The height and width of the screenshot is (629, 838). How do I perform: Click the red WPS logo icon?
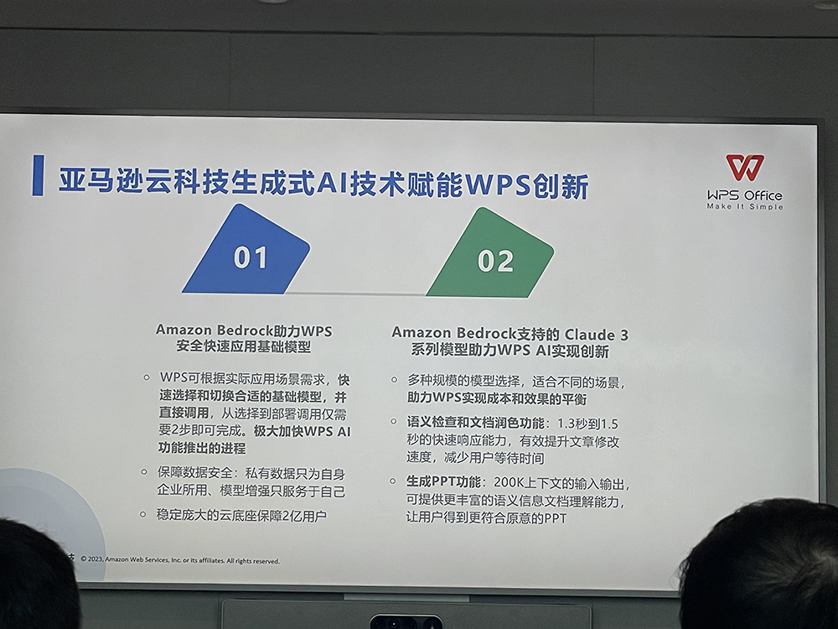(745, 168)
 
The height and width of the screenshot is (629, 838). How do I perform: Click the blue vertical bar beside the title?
(38, 175)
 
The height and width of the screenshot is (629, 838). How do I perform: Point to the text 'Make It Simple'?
(745, 206)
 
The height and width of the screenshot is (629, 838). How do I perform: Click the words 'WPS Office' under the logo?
(745, 195)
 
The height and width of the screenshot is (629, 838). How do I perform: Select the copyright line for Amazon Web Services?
(180, 560)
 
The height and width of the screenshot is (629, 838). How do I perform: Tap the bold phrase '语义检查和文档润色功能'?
(476, 423)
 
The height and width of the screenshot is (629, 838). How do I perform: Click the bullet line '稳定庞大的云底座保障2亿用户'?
(241, 516)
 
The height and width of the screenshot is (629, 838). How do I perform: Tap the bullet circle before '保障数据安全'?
(144, 471)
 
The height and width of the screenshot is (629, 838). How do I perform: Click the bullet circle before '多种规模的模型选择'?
(394, 380)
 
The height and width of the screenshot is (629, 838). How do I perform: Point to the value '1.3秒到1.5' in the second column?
(587, 424)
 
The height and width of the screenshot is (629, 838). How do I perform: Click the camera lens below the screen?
(406, 622)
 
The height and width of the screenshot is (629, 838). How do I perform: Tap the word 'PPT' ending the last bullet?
(556, 518)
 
